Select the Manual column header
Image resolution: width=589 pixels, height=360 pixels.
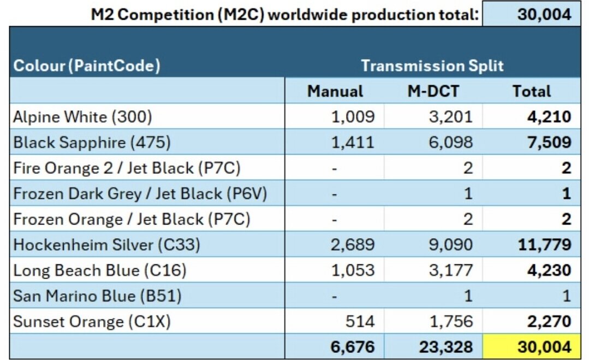point(335,91)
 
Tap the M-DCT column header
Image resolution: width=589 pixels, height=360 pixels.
point(433,91)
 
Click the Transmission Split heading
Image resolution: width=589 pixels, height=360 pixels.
point(432,66)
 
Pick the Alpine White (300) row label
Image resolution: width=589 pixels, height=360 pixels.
point(82,117)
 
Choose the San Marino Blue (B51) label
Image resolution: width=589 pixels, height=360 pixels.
point(97,296)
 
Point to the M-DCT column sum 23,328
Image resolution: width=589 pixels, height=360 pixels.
point(446,347)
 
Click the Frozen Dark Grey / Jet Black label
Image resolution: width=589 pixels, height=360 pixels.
point(140,194)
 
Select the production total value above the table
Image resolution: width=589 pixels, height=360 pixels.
point(544,14)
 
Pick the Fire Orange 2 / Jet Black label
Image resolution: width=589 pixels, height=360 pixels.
point(127,168)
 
